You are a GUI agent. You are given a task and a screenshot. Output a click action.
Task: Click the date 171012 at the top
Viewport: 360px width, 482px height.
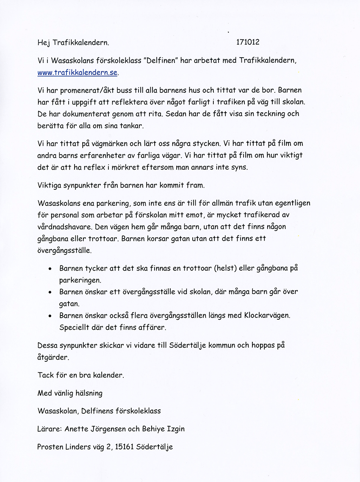pos(248,42)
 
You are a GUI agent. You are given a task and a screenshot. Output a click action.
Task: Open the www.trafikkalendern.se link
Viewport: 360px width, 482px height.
pos(77,72)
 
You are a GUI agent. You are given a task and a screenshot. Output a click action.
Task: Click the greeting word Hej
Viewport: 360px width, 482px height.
pos(44,42)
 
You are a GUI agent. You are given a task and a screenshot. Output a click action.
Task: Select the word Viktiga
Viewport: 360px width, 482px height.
pos(50,185)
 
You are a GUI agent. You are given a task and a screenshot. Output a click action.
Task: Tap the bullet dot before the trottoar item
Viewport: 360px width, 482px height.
pos(50,269)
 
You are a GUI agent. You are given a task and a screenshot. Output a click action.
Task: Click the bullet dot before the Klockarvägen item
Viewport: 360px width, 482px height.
pos(50,316)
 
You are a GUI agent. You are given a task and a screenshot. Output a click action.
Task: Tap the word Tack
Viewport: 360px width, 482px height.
pos(46,375)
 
